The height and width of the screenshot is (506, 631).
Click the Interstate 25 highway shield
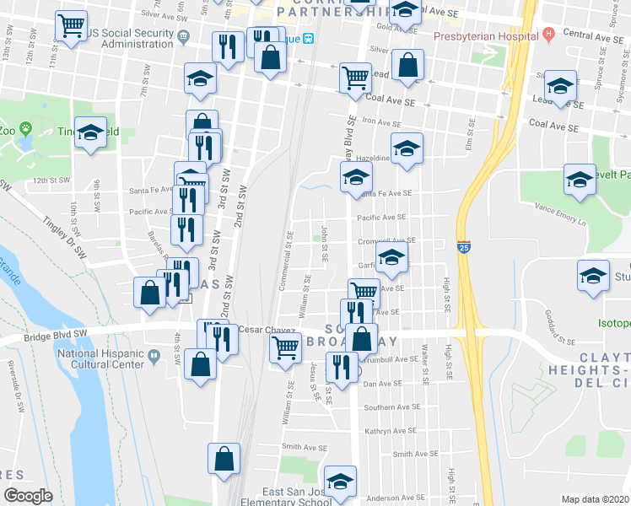(465, 247)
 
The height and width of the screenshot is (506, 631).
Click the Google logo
(28, 496)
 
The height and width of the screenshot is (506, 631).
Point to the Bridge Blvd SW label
(56, 333)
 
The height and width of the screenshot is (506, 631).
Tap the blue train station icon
(309, 38)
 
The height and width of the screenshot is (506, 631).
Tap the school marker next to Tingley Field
(90, 132)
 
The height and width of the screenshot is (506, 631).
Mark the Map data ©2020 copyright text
(596, 499)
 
